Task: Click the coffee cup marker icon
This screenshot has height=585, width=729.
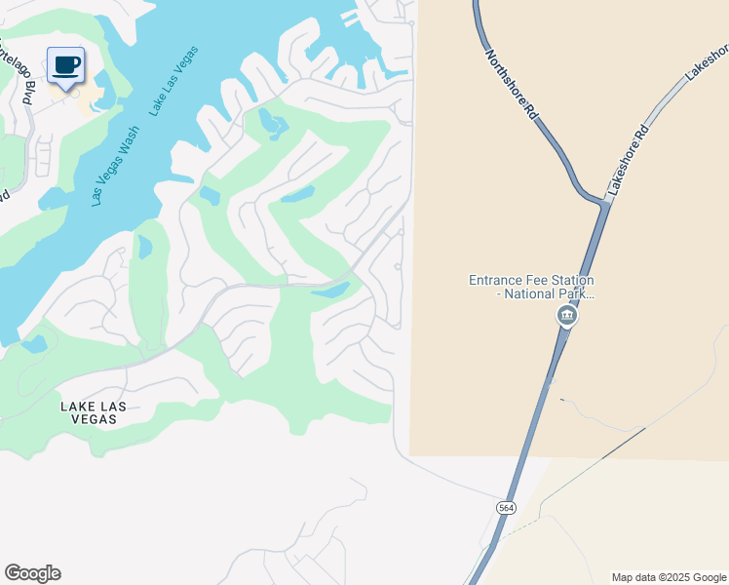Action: pos(65,65)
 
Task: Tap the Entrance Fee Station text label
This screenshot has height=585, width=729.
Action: pos(531,286)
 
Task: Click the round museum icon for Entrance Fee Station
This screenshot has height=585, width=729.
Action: pos(565,316)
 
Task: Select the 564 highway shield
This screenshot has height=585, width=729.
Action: pos(506,508)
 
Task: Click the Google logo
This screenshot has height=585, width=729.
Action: pos(32,573)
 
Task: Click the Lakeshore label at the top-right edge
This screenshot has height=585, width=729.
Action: pos(710,60)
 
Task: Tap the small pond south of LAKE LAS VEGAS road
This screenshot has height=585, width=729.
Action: pos(330,291)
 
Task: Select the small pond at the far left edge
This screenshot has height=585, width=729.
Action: pos(34,344)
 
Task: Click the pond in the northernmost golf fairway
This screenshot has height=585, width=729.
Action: pos(273,125)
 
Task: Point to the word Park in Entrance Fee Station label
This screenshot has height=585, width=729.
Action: pos(571,293)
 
